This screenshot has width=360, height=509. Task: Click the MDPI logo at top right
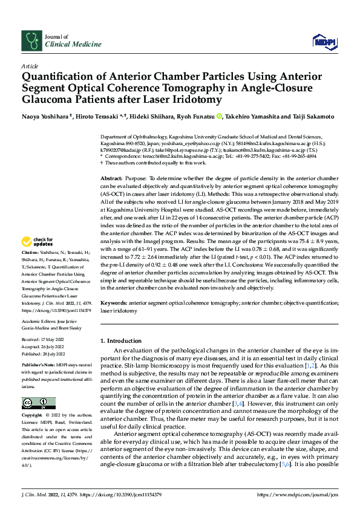(323, 41)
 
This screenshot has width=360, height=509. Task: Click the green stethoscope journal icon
(30, 41)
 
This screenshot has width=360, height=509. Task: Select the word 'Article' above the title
(30, 65)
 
